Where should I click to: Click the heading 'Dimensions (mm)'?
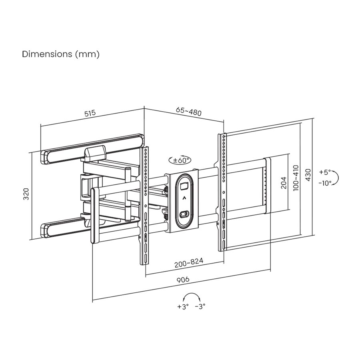click(x=60, y=54)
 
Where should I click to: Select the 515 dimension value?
click(x=90, y=113)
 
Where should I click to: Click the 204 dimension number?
click(x=284, y=182)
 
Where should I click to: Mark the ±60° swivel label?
click(x=180, y=160)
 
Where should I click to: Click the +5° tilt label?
click(x=325, y=172)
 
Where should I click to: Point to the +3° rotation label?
click(x=182, y=307)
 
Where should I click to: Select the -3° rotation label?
click(x=200, y=307)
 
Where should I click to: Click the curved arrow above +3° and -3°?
click(x=191, y=296)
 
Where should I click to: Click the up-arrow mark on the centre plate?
click(x=184, y=198)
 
